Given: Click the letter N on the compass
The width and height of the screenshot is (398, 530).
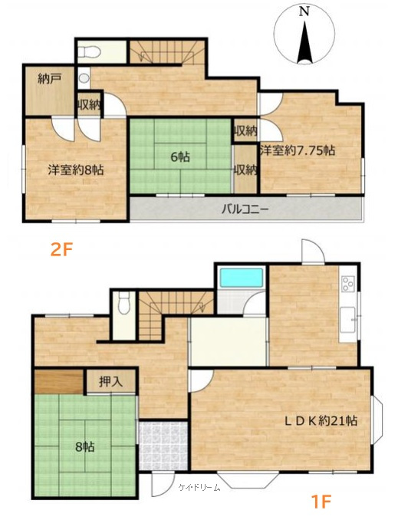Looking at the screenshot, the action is coord(304,12).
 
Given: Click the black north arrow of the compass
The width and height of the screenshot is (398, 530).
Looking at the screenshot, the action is coord(305,43).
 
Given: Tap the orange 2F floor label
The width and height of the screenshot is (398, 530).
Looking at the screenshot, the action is coord(62,250).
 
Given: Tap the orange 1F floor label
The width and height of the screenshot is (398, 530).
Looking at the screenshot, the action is coord(321,501).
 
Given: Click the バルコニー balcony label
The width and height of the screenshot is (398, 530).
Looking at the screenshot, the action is coord(245,209).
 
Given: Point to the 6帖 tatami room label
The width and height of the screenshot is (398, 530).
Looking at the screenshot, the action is coord(180,156).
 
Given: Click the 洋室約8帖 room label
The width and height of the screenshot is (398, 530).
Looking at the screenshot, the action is coord(76,170).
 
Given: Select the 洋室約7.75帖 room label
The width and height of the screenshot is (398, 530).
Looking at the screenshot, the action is coord(298,150).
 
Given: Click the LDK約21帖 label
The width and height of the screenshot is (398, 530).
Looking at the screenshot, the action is coord(321,421).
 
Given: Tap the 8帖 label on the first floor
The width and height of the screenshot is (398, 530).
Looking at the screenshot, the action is coord(85,447).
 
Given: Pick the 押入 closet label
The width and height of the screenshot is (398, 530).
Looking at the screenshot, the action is coord(110,382).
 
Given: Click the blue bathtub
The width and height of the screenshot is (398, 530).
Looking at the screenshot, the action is coord(242,278).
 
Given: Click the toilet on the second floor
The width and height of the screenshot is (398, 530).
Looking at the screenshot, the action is coord(88,51).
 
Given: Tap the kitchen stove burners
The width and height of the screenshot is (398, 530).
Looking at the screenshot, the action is coord(348,283).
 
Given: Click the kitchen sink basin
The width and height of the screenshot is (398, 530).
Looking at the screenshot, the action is coord(347,320).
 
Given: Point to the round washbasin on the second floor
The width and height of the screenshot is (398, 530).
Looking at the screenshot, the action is coord(84,78).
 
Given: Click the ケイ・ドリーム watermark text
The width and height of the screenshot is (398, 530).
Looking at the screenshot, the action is coord(199,487).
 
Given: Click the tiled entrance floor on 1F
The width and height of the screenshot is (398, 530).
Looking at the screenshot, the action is coord(163,446).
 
